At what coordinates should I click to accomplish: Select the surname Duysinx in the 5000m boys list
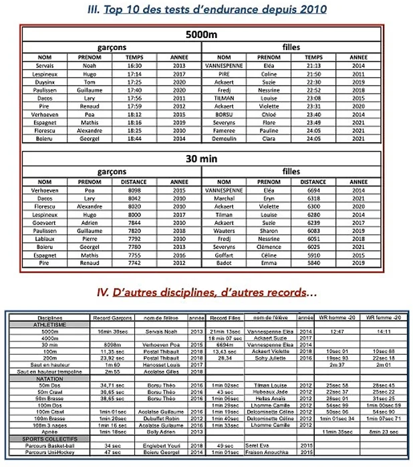[45, 81]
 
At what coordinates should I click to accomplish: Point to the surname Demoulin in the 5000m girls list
[225, 139]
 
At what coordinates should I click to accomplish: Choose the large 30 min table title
[202, 158]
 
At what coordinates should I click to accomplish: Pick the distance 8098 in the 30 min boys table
[134, 190]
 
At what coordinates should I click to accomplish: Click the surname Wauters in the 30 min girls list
[225, 229]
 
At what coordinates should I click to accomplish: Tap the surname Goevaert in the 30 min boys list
[45, 221]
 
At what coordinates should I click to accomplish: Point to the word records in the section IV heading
[283, 292]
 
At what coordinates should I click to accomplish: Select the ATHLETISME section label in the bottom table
[39, 324]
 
